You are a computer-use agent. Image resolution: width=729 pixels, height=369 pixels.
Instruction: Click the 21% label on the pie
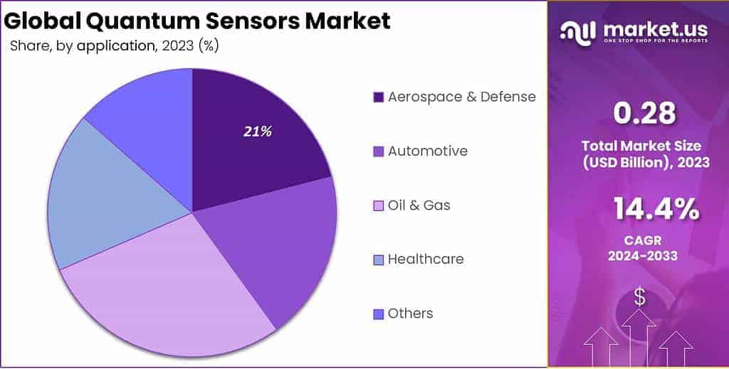pyautogui.click(x=257, y=132)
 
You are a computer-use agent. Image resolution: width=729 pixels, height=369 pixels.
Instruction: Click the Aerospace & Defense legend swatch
pyautogui.click(x=378, y=97)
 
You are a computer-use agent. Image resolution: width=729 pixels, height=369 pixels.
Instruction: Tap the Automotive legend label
pyautogui.click(x=427, y=151)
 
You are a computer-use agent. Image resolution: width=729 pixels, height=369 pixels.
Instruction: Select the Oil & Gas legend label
pyautogui.click(x=419, y=205)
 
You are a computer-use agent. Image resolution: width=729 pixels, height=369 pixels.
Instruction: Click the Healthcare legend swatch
pyautogui.click(x=378, y=260)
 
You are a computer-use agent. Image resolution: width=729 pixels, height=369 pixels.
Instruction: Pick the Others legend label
pyautogui.click(x=410, y=314)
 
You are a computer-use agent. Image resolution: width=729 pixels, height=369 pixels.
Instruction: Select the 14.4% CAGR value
pyautogui.click(x=655, y=210)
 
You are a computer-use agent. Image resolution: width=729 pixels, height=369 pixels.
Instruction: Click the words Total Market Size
pyautogui.click(x=645, y=146)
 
